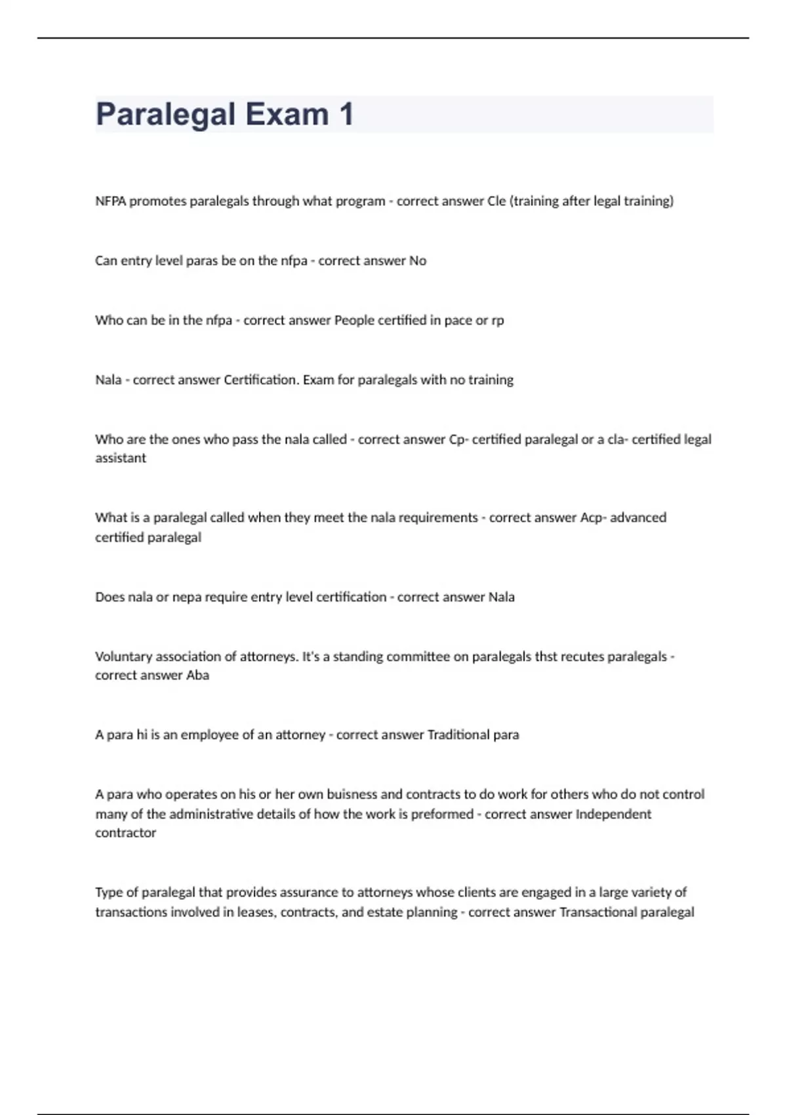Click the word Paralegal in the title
click(x=165, y=114)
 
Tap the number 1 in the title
click(x=346, y=114)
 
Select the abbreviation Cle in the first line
click(x=496, y=201)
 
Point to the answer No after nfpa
click(x=418, y=261)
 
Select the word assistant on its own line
click(x=121, y=458)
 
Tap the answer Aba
click(x=197, y=676)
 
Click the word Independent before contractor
click(x=613, y=814)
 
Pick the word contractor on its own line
click(x=125, y=833)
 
